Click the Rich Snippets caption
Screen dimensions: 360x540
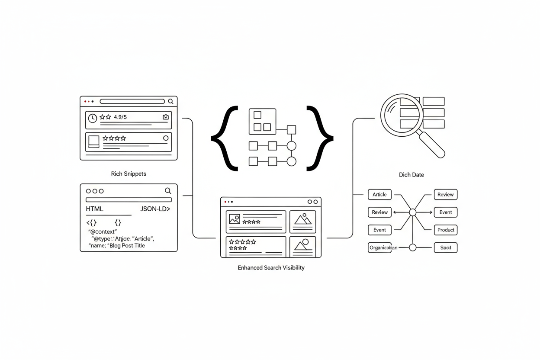pos(129,174)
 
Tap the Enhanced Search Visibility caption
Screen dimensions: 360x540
pos(271,268)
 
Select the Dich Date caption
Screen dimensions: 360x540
pos(411,175)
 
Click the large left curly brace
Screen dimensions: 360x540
pos(225,138)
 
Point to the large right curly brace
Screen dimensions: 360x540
pos(320,138)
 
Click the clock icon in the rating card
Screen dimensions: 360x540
pos(92,118)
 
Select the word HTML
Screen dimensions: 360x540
pos(95,209)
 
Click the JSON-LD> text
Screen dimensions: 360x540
pos(155,209)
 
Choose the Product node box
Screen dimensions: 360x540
pos(446,230)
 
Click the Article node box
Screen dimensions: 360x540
pos(379,195)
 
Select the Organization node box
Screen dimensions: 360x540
pos(383,248)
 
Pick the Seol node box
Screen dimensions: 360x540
pos(446,248)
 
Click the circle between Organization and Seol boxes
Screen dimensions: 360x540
pos(412,247)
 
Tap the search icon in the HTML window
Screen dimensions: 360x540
pos(168,191)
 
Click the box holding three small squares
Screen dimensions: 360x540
pos(262,122)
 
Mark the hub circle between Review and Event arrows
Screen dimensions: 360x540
pos(412,212)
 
